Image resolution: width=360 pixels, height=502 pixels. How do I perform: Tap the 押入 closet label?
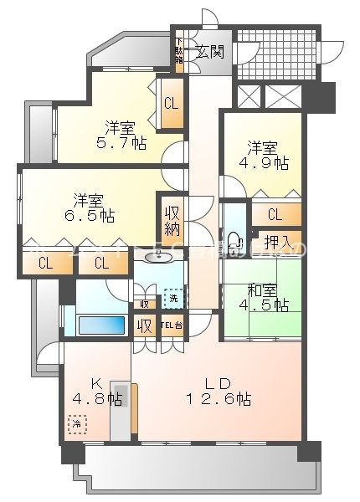277,242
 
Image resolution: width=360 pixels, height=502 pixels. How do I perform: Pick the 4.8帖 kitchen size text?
91,398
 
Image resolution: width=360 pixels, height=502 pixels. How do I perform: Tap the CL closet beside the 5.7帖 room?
171,104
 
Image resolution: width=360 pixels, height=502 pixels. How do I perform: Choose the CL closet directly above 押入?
275,215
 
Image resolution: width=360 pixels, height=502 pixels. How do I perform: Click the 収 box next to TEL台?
145,325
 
